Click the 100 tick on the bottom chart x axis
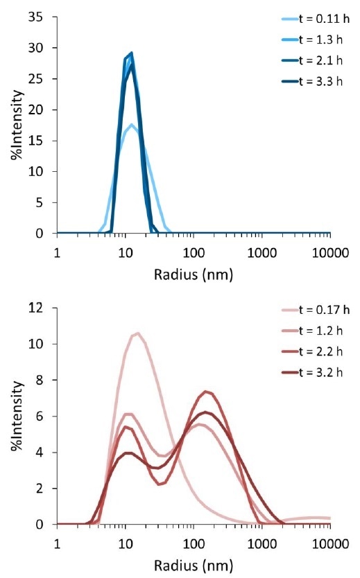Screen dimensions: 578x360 tap(193, 541)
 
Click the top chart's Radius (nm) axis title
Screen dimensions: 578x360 tap(193, 274)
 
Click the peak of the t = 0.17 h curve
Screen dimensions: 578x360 tap(138, 333)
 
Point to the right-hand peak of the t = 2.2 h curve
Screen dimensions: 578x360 tap(206, 392)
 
